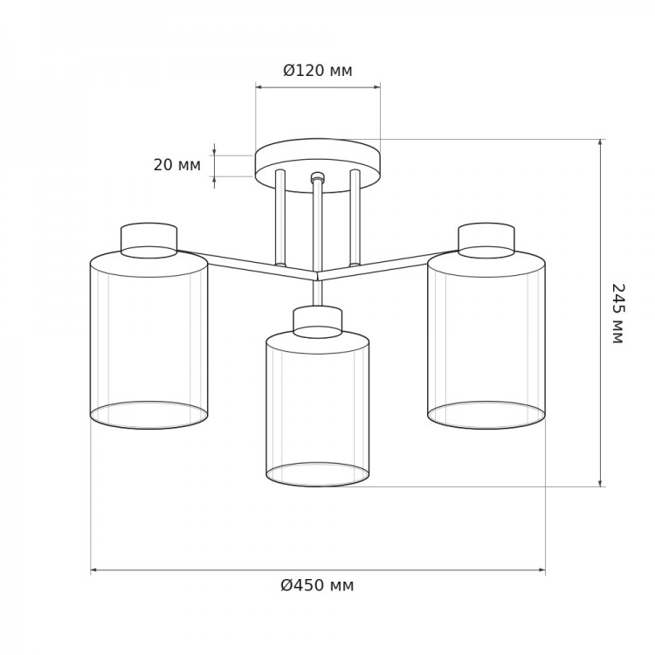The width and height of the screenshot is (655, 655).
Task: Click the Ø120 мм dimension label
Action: (318, 71)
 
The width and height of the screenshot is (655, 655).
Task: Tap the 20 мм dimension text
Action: (177, 165)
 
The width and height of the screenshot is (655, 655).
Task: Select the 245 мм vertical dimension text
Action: (617, 314)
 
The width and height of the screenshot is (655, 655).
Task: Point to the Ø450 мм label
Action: (317, 585)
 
